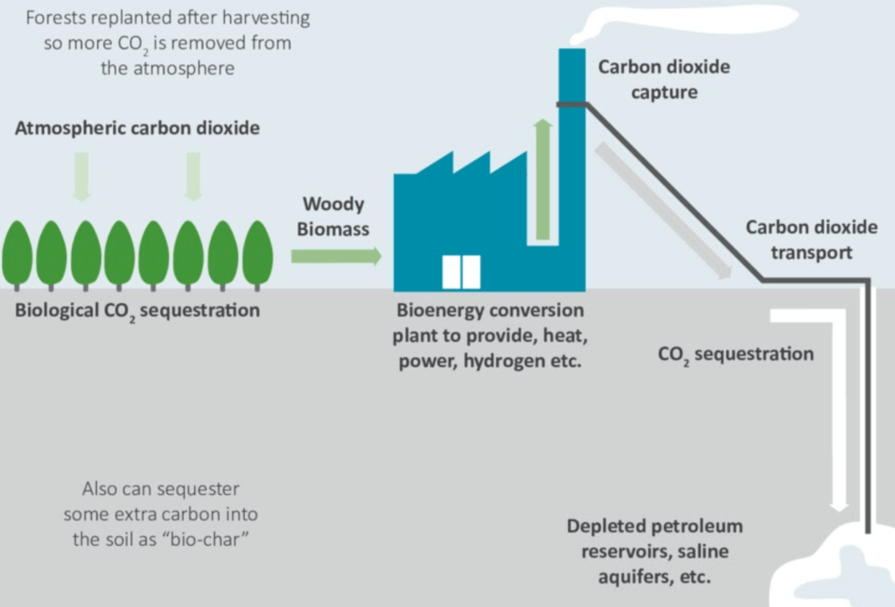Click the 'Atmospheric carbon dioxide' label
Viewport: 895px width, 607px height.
[x=137, y=128]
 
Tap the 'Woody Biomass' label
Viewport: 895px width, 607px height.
[x=333, y=217]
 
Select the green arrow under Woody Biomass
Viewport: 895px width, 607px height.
[x=336, y=255]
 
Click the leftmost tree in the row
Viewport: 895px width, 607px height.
[x=17, y=253]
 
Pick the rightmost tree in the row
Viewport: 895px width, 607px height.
[x=257, y=253]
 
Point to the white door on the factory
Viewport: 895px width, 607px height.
[x=461, y=271]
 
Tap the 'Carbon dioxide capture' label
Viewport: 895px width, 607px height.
[x=663, y=79]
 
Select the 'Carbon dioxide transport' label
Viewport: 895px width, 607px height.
[x=811, y=240]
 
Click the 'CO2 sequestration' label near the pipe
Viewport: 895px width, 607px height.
[x=735, y=354]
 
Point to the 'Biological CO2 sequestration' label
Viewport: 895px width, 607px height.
[x=137, y=310]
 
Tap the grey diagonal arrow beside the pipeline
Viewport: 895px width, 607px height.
[x=663, y=211]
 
